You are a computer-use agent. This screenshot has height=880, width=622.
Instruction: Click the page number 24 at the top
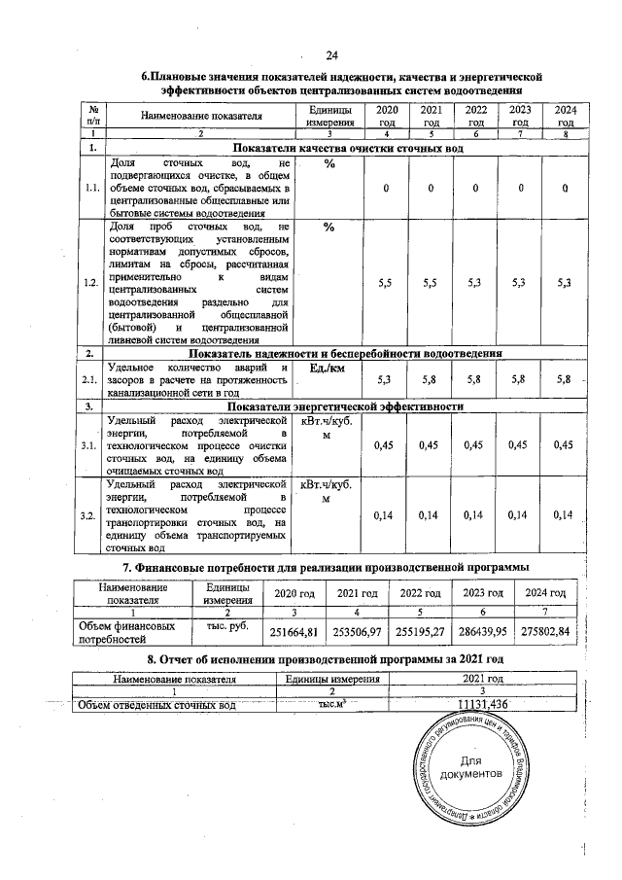(x=331, y=53)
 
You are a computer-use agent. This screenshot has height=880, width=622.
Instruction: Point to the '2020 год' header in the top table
(x=386, y=117)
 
